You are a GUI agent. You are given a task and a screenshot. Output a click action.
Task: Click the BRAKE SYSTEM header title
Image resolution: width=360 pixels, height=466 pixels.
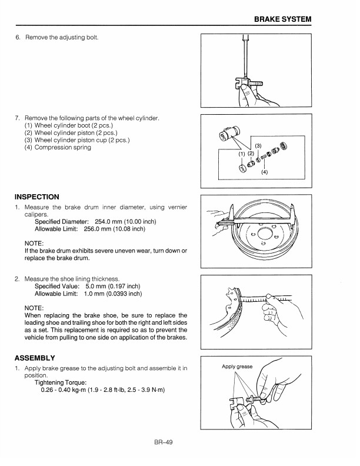click(282, 20)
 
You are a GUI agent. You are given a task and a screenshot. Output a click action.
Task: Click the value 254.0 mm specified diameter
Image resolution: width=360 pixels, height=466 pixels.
click(111, 221)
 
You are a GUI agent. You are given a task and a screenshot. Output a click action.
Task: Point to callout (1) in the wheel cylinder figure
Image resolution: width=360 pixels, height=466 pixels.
click(241, 154)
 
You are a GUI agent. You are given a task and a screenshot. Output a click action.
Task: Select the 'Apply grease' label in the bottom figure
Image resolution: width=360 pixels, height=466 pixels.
click(237, 367)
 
